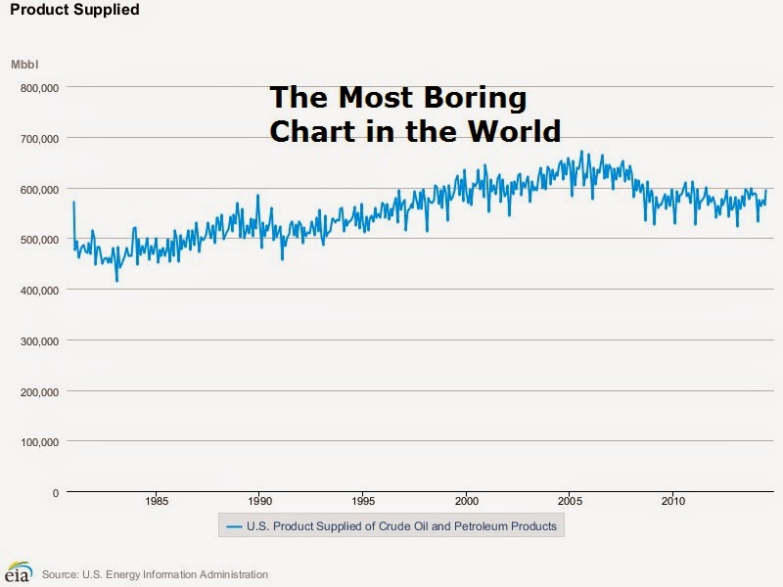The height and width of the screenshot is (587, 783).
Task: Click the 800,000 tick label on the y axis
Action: [x=40, y=87]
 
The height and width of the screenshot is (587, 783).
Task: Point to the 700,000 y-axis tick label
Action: [x=40, y=138]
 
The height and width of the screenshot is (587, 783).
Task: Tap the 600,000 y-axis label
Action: [x=40, y=189]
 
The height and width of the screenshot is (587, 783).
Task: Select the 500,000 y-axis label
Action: [x=40, y=240]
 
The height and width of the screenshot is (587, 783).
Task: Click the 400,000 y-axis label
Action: [x=40, y=291]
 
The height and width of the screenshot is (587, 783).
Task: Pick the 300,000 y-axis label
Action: [x=40, y=341]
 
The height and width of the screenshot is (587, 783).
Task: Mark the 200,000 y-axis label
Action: [x=40, y=391]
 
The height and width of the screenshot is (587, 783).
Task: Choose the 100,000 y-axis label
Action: [x=40, y=442]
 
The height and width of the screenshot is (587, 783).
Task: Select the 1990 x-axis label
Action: [x=258, y=503]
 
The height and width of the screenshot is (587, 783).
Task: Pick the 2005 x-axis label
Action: [x=569, y=503]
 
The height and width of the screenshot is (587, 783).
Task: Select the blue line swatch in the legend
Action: [x=234, y=526]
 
